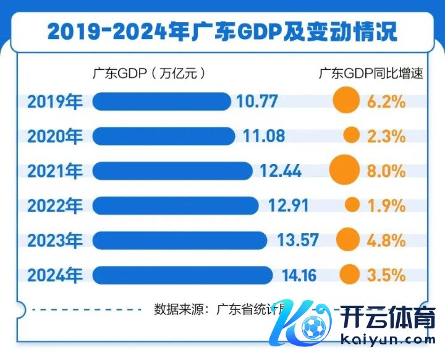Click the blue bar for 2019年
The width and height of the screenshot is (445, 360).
pos(161,101)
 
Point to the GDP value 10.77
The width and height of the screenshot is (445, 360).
pos(257,101)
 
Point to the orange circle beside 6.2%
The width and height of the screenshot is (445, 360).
pos(346,101)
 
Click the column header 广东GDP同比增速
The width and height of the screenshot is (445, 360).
pos(371,73)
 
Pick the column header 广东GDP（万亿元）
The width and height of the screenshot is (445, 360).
pos(148,73)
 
